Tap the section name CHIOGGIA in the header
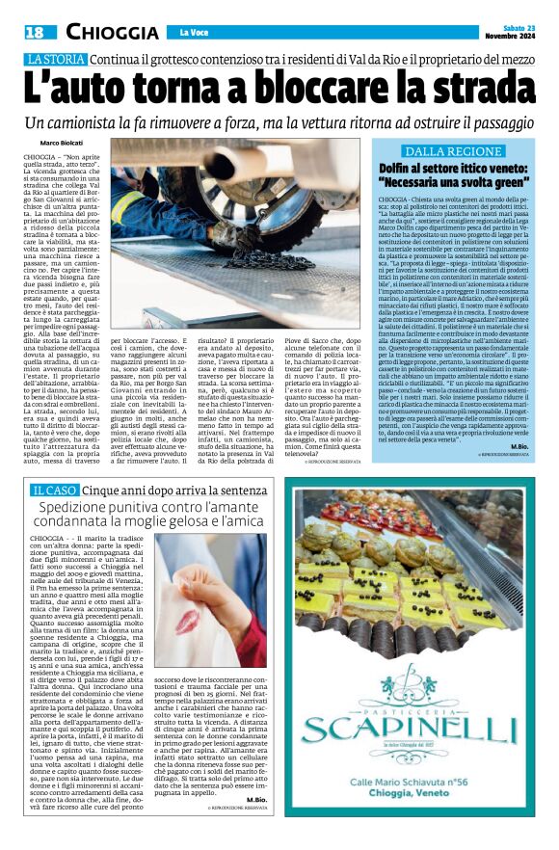[107, 32]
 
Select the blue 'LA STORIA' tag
[55, 61]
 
